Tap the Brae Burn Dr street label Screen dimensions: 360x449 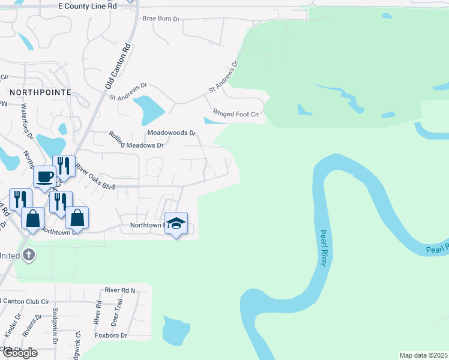click(x=161, y=19)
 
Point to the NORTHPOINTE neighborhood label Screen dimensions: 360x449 click(x=40, y=92)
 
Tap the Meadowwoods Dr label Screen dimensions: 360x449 click(x=172, y=133)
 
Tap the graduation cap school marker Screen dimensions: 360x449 click(x=176, y=223)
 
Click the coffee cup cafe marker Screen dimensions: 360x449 click(x=44, y=176)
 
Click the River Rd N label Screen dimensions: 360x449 click(x=120, y=290)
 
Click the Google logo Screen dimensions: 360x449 click(x=19, y=353)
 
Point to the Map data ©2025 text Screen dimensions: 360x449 click(x=423, y=355)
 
